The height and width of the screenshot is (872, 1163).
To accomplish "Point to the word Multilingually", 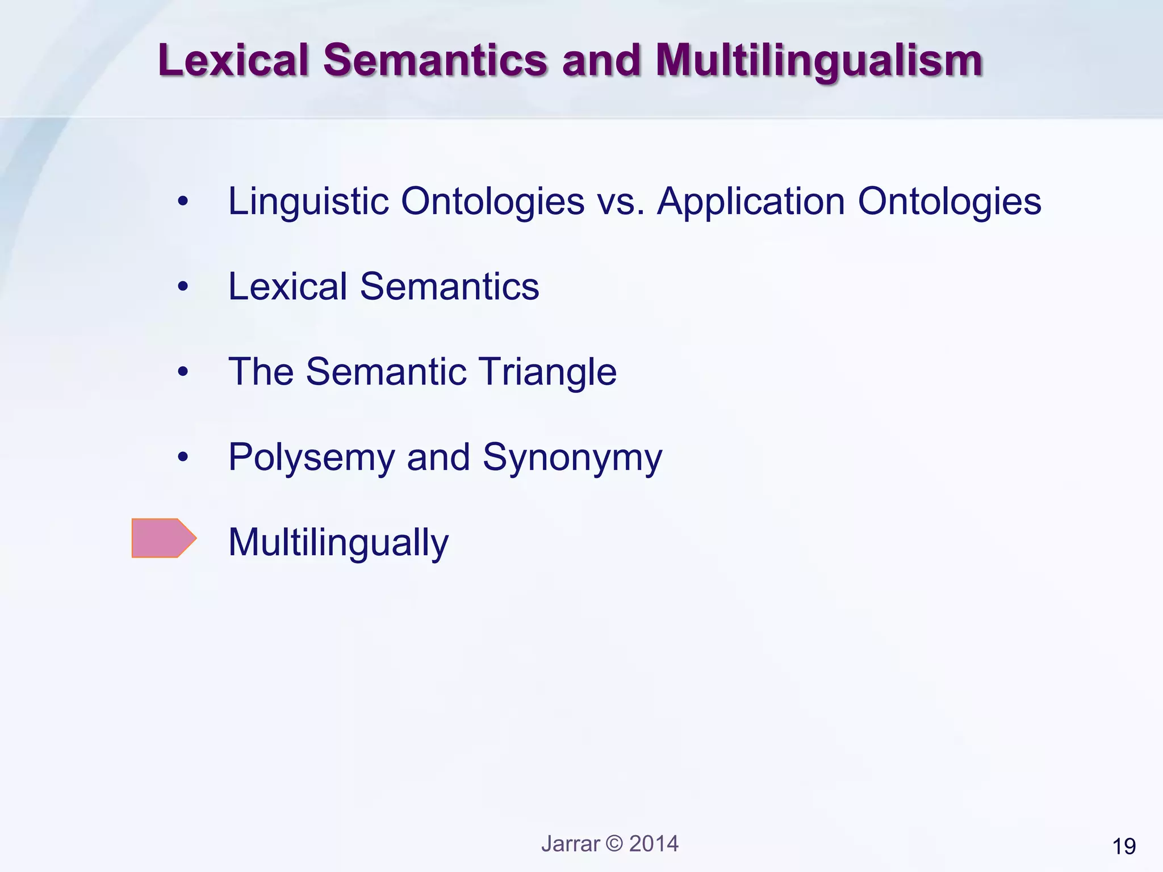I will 338,543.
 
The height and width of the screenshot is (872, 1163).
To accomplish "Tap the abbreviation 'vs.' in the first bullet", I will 621,202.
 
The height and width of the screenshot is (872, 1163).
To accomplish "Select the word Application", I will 751,202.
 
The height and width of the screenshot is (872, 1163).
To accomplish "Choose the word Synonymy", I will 572,458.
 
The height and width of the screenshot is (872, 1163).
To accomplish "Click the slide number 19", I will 1124,846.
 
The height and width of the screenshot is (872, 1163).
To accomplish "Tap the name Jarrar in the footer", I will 570,844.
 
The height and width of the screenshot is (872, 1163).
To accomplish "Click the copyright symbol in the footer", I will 614,844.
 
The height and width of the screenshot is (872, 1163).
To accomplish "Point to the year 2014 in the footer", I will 654,844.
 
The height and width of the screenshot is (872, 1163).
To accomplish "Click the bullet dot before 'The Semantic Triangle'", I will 182,372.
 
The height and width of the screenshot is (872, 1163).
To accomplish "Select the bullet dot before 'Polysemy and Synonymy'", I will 182,457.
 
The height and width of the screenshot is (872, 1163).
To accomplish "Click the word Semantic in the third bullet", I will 386,372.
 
